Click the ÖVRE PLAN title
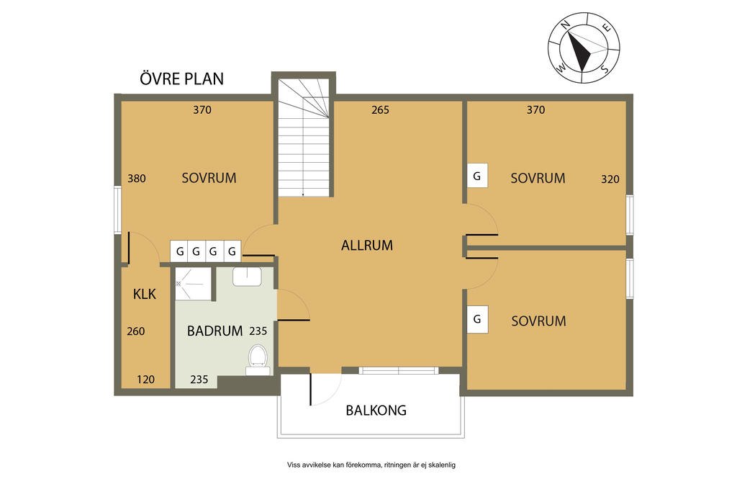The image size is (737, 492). (181, 78)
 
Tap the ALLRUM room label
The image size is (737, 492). (367, 245)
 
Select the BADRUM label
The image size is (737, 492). (214, 331)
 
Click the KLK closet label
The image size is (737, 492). (144, 294)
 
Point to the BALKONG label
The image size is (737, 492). (376, 410)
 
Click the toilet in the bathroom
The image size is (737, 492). (258, 359)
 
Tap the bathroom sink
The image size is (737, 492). (248, 277)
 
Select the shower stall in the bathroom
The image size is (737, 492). (194, 284)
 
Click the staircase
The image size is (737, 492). (304, 138)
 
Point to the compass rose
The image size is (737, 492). (583, 48)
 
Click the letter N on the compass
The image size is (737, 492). (566, 25)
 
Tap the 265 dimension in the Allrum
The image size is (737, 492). (380, 109)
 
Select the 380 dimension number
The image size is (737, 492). (137, 178)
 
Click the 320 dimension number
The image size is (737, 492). (610, 179)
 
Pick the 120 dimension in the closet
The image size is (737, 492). (145, 380)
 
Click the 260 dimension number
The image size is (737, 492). (136, 331)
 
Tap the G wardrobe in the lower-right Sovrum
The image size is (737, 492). (477, 319)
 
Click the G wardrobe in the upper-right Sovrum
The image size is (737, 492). (477, 176)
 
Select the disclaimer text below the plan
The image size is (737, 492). (371, 465)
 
